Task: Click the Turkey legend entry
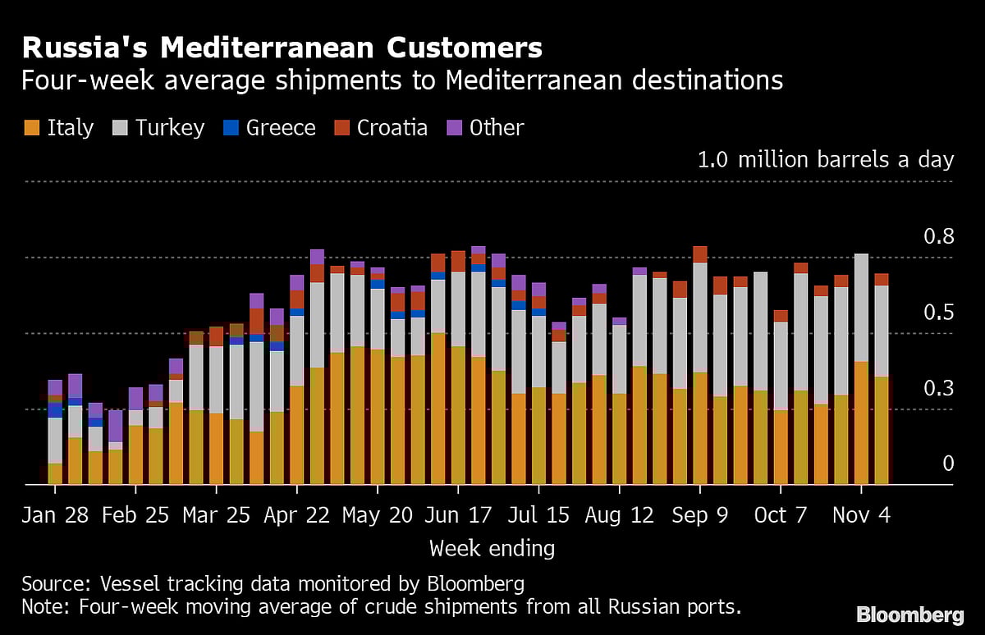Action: [x=157, y=128]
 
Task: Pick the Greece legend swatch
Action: [x=231, y=128]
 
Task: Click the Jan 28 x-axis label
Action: [x=56, y=514]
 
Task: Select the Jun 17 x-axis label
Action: [x=458, y=514]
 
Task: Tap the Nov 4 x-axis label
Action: [x=861, y=514]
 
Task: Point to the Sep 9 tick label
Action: [x=700, y=514]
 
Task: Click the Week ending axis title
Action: [x=492, y=548]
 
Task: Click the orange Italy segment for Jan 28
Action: [x=55, y=474]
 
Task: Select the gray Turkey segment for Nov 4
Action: [x=861, y=308]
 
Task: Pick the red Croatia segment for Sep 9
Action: [x=700, y=254]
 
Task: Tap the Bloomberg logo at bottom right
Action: [x=909, y=614]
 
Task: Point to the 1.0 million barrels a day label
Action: [x=825, y=159]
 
